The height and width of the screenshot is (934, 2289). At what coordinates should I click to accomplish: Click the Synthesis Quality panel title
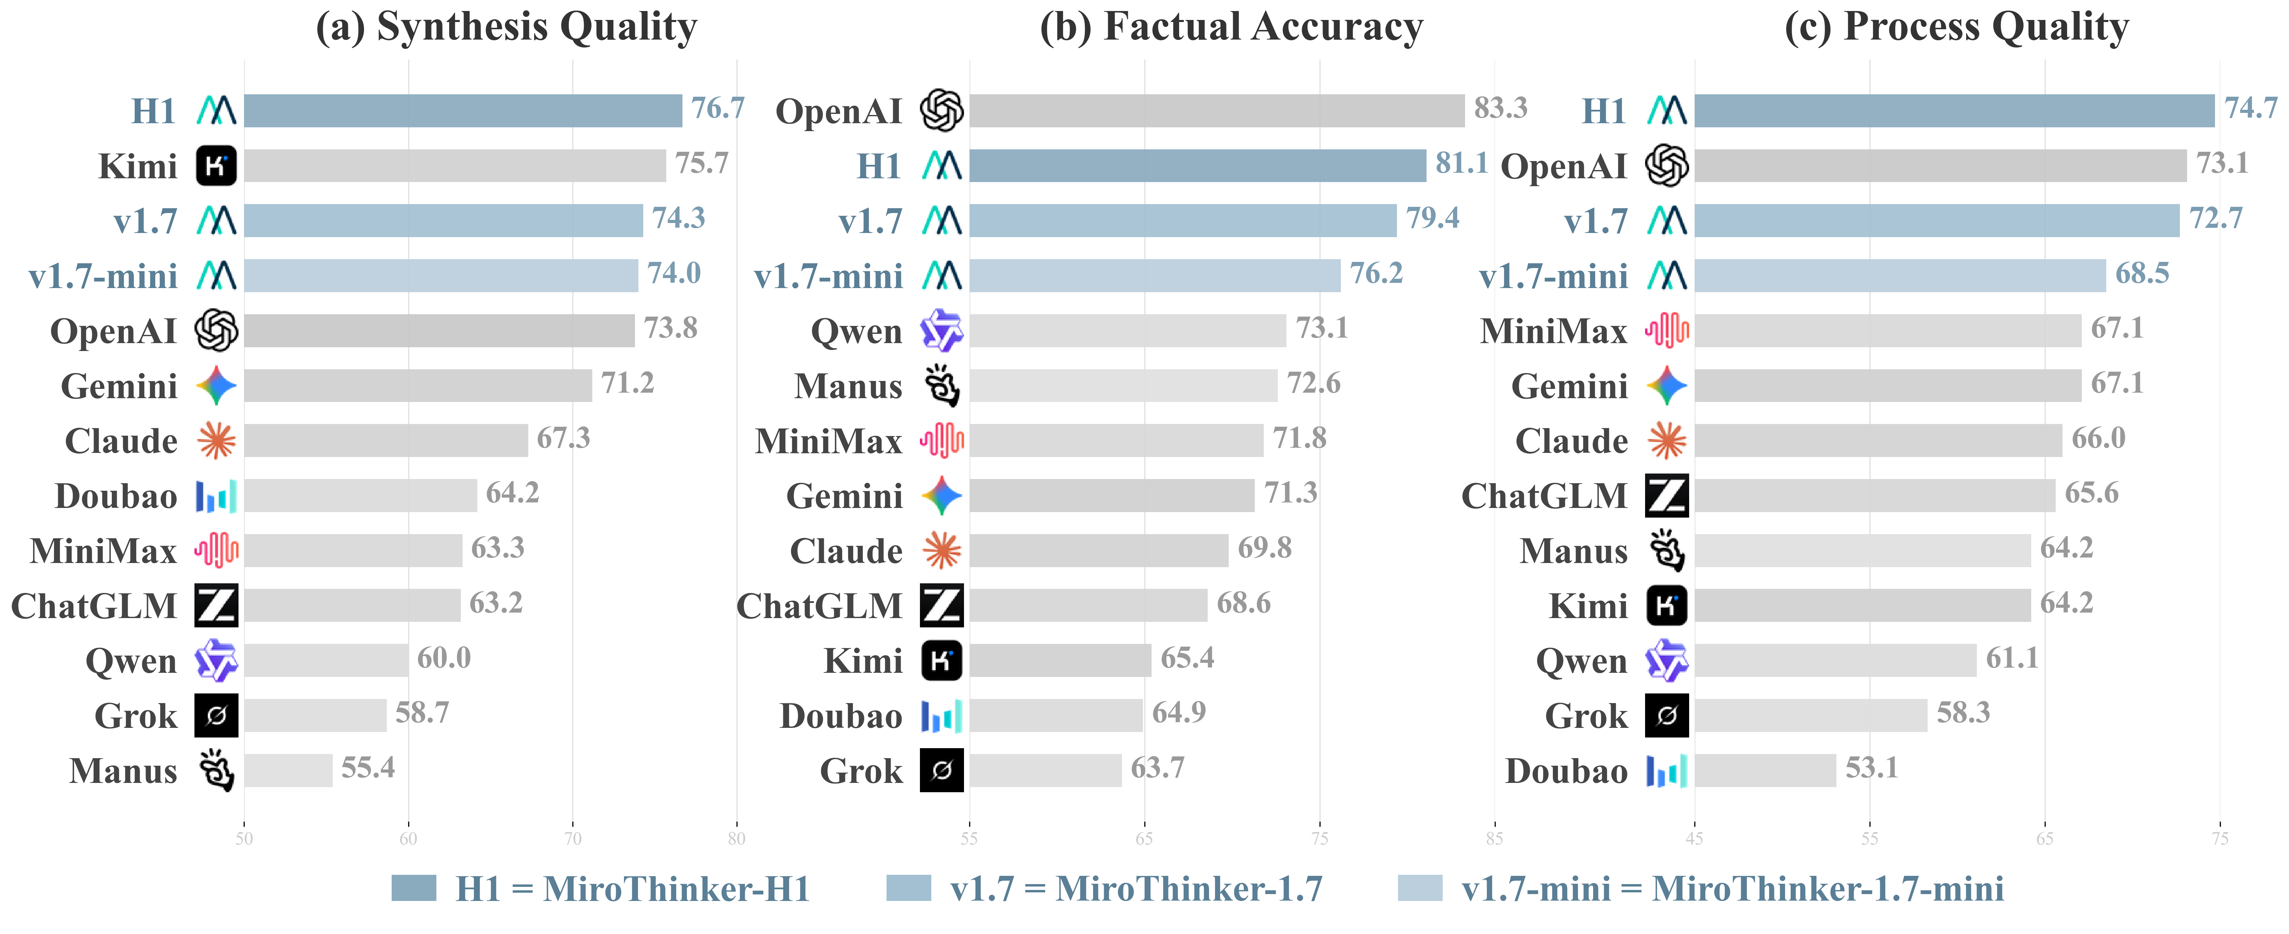click(x=507, y=26)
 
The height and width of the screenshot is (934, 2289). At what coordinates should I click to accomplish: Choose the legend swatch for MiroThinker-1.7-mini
click(x=1419, y=888)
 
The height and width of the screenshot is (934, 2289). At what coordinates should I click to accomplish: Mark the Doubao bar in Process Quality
click(x=1765, y=771)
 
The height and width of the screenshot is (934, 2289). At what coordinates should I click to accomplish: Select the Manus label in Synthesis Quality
click(x=124, y=771)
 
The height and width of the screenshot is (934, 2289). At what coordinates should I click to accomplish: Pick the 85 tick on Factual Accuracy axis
click(x=1495, y=838)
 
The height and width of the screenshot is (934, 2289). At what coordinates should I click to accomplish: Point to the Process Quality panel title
click(x=1957, y=26)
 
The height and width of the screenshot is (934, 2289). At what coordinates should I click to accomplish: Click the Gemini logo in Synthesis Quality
click(x=216, y=386)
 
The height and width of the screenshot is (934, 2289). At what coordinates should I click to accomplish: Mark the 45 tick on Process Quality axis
click(x=1695, y=838)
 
